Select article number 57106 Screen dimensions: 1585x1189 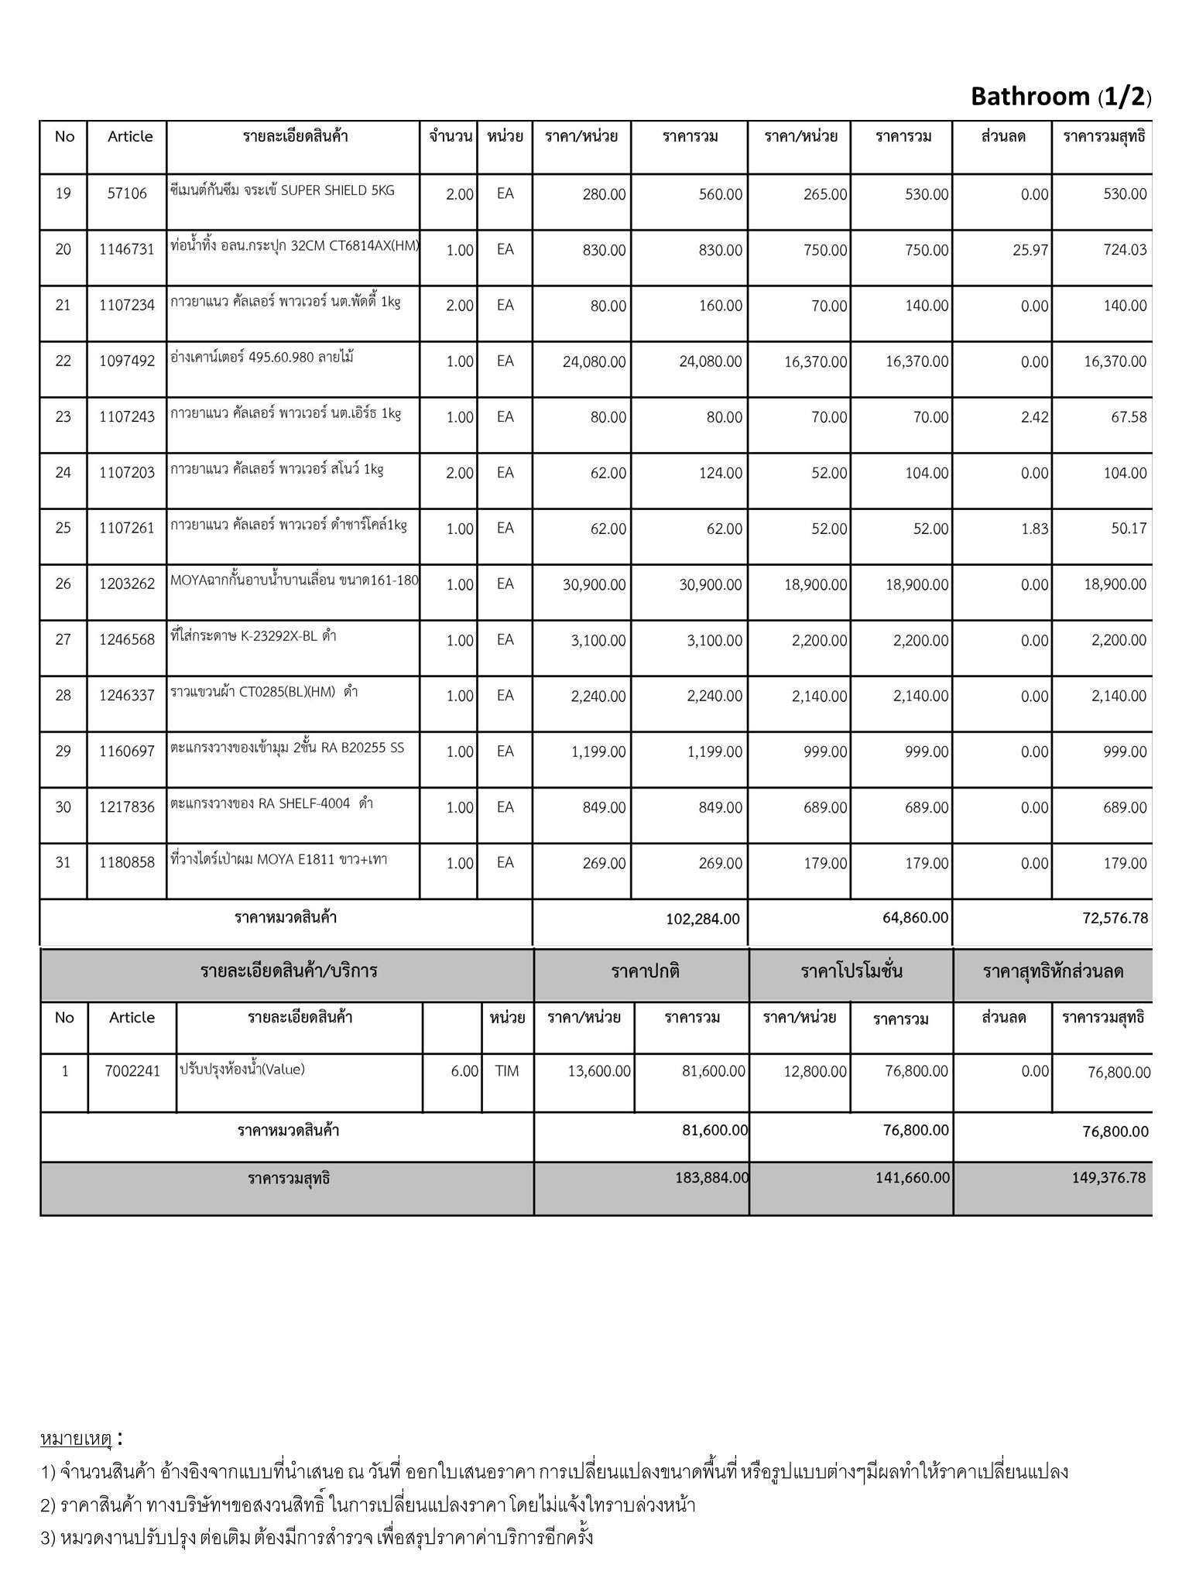127,193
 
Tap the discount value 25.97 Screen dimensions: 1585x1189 1030,250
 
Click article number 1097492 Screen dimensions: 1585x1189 127,361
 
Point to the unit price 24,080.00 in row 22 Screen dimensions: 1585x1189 594,361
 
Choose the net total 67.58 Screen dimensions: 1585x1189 1129,417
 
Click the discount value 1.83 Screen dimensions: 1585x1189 1035,529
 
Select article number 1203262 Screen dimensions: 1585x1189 127,584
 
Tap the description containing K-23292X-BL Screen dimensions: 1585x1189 253,637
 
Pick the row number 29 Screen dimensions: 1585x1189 63,751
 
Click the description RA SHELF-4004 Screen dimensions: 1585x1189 272,804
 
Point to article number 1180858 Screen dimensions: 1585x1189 127,863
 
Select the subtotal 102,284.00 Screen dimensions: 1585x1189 702,919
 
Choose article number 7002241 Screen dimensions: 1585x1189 132,1072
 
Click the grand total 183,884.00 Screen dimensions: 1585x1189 711,1178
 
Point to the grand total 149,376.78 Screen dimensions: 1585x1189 1108,1178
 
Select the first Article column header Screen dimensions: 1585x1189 130,137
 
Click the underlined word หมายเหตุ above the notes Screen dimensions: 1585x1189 77,1440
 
